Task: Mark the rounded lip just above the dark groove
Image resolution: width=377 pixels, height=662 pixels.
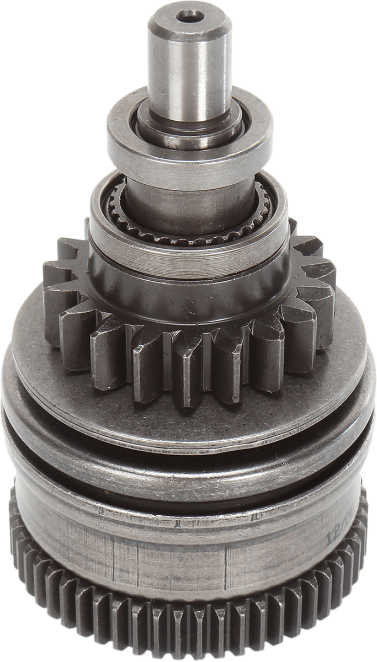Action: coord(188,436)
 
